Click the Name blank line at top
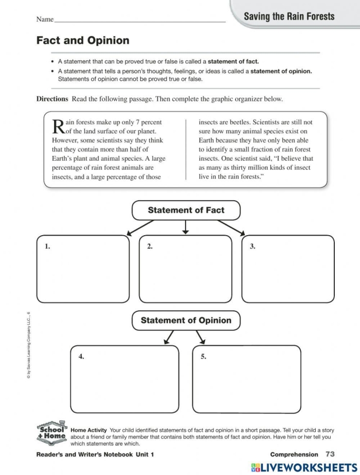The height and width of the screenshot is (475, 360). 139,21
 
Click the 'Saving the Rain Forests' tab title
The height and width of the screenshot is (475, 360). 289,16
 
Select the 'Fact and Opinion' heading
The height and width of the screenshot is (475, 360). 83,41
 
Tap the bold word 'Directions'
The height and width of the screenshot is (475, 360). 52,99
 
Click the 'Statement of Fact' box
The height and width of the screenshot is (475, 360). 186,210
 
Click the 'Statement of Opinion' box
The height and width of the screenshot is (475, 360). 186,320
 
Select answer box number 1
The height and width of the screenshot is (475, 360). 83,269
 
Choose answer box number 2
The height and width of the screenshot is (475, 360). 186,269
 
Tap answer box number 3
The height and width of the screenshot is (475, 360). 288,269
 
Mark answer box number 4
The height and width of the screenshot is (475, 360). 124,378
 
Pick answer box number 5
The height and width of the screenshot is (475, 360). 246,378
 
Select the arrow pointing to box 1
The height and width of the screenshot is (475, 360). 139,227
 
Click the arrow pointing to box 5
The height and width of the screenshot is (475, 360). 200,337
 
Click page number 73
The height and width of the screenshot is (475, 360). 330,454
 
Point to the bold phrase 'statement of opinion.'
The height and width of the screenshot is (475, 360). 281,72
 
